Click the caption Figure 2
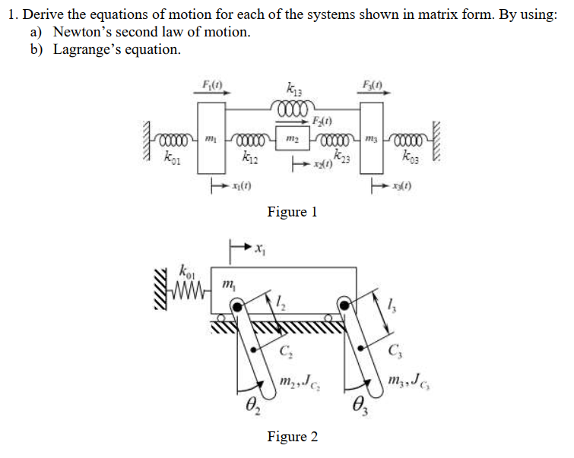click(292, 436)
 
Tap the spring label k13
click(291, 88)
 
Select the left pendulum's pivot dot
click(239, 306)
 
